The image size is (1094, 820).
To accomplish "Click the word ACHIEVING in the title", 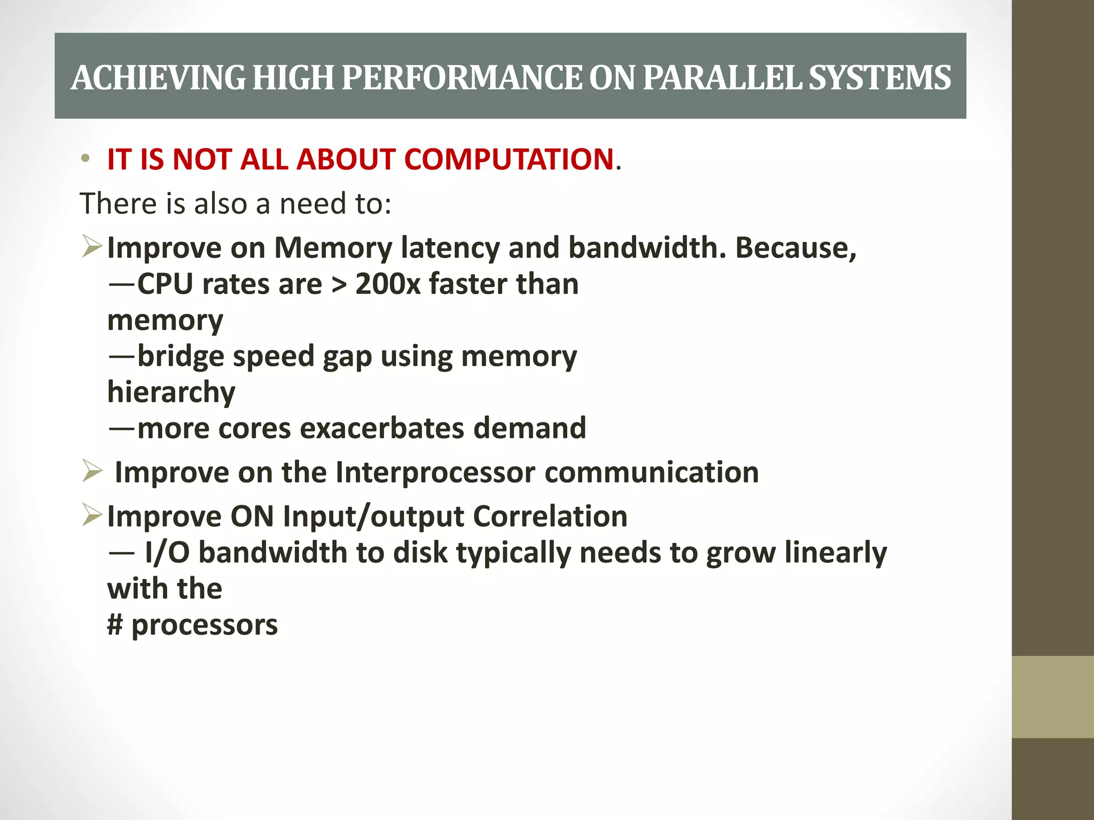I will (158, 78).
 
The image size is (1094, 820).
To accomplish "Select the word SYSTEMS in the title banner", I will (880, 78).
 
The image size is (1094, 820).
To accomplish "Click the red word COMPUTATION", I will (509, 159).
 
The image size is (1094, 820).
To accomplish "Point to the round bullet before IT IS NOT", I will (85, 159).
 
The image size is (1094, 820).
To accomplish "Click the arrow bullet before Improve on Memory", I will (92, 247).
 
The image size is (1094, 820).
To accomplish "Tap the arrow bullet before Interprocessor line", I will (92, 471).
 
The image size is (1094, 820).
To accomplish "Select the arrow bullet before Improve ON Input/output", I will (92, 515).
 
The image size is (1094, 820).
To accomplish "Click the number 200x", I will (388, 283).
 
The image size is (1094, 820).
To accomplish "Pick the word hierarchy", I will (171, 392).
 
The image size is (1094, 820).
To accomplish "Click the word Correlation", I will (550, 516).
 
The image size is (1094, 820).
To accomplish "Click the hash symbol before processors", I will (115, 625).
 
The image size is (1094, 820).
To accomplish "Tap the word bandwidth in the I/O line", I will (273, 553).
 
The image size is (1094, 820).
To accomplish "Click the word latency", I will (450, 248).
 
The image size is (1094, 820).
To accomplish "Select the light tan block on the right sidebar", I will (1052, 697).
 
